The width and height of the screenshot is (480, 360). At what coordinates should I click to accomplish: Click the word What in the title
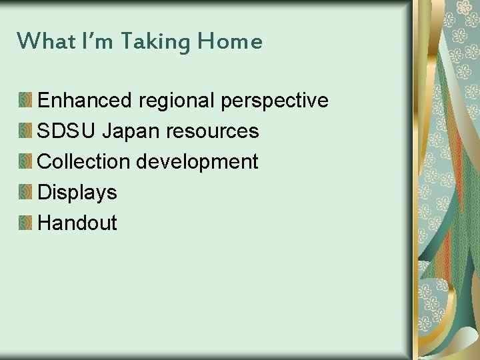pyautogui.click(x=38, y=41)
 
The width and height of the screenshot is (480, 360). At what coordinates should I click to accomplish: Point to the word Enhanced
pyautogui.click(x=85, y=101)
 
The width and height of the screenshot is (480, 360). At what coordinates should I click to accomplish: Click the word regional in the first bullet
pyautogui.click(x=176, y=101)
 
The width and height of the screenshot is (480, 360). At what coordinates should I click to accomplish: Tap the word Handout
pyautogui.click(x=77, y=223)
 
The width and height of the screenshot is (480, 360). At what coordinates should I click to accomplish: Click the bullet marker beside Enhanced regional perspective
pyautogui.click(x=25, y=101)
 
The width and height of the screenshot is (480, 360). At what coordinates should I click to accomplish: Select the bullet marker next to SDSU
pyautogui.click(x=25, y=131)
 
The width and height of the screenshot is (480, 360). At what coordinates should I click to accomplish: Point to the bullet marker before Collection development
pyautogui.click(x=25, y=162)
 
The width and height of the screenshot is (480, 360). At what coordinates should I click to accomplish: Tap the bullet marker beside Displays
pyautogui.click(x=25, y=193)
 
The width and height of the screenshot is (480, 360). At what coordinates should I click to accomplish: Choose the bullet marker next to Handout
pyautogui.click(x=25, y=223)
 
